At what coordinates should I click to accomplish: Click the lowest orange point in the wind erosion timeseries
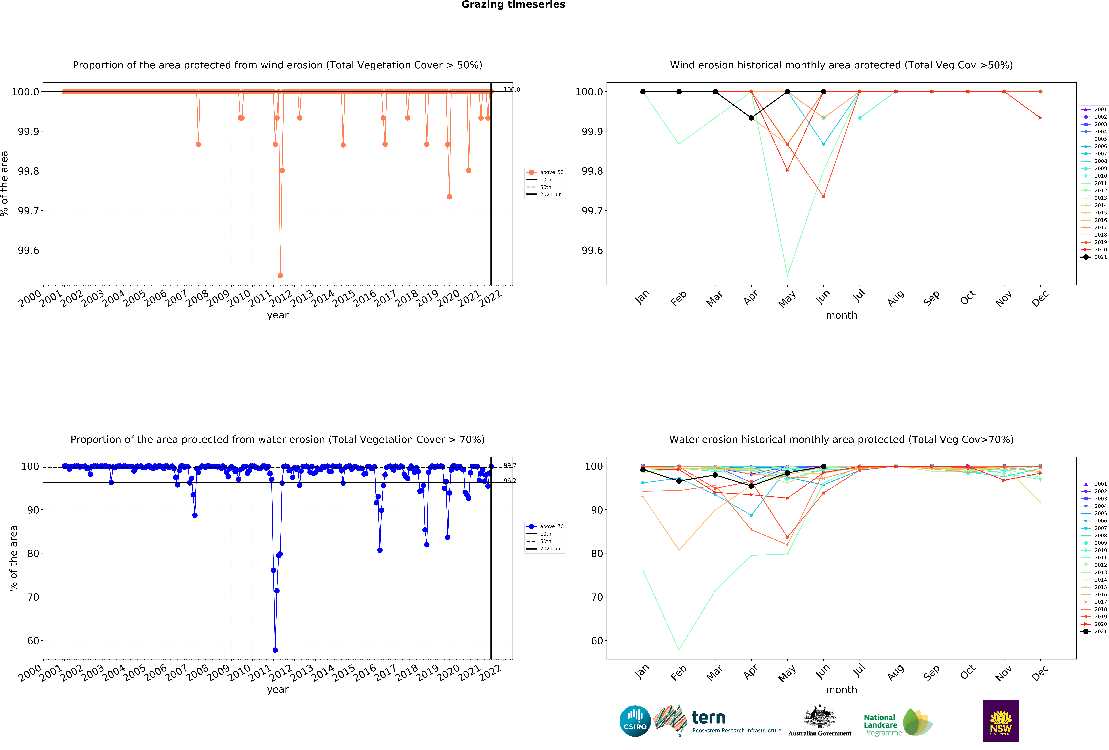point(280,276)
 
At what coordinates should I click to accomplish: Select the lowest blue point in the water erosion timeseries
point(275,650)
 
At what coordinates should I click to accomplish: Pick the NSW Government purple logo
point(1001,721)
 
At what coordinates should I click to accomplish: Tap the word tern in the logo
point(709,717)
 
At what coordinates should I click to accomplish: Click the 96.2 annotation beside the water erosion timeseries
point(510,480)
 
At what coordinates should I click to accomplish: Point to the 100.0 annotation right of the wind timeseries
point(512,90)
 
